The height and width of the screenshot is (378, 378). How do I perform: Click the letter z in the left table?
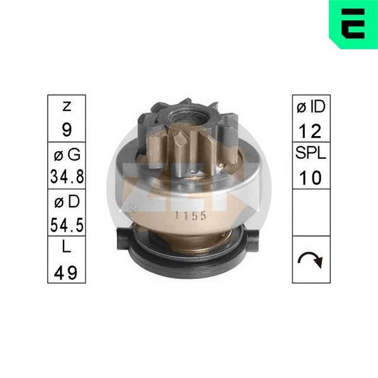(67, 106)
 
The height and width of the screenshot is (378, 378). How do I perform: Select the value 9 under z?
(67, 130)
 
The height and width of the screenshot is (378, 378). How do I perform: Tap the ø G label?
(67, 154)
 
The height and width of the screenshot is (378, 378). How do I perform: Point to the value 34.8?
(67, 176)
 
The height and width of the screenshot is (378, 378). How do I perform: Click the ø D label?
(67, 202)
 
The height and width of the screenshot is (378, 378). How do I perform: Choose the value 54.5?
(67, 225)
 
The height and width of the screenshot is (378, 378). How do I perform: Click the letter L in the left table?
(67, 246)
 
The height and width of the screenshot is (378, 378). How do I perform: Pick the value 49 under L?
(66, 273)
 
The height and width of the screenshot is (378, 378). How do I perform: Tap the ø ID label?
(311, 107)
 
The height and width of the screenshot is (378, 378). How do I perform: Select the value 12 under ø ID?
(310, 132)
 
